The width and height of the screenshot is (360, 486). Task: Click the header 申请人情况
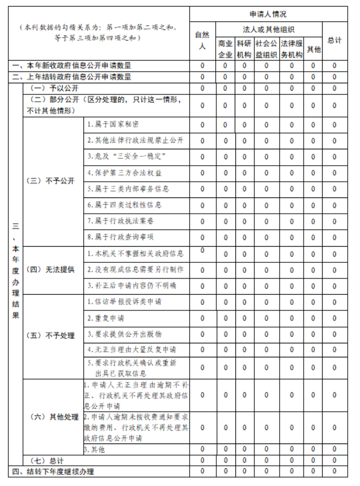pyautogui.click(x=268, y=14)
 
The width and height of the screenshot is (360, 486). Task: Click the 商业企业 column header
pyautogui.click(x=225, y=49)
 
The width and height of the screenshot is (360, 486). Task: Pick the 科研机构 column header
pyautogui.click(x=244, y=49)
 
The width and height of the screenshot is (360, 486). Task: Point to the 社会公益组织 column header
pyautogui.click(x=266, y=49)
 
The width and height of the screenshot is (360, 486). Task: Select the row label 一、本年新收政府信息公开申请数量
pyautogui.click(x=73, y=65)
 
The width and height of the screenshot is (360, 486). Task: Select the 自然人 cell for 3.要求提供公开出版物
pyautogui.click(x=202, y=334)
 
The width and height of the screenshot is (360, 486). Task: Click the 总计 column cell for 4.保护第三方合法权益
pyautogui.click(x=334, y=173)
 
